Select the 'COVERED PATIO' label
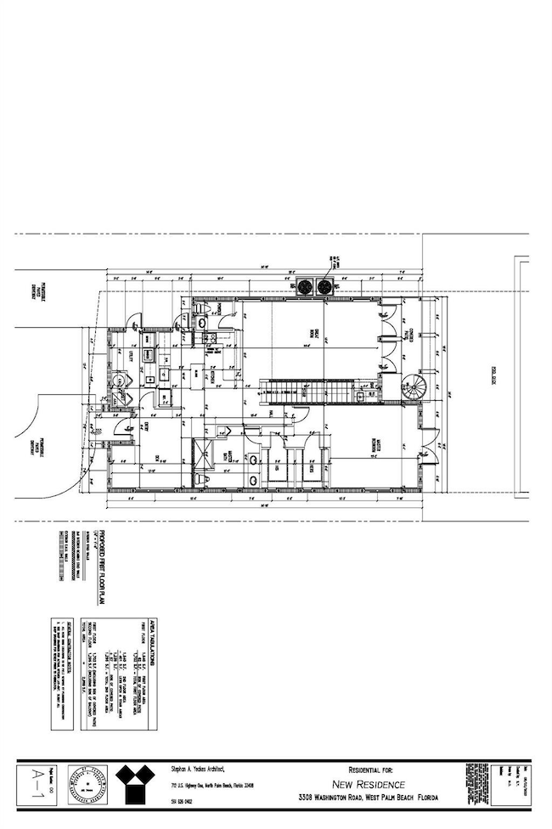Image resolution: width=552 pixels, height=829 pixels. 410,334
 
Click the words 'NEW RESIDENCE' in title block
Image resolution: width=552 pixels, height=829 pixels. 369,784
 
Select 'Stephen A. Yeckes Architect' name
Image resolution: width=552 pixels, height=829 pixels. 197,769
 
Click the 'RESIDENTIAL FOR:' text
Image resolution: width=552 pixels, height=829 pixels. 369,769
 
